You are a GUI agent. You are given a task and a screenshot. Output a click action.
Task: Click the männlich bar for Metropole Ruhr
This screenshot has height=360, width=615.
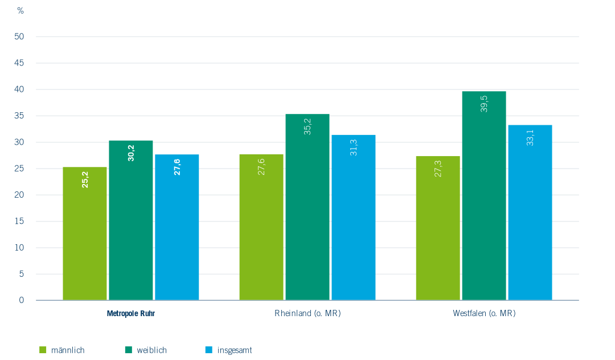pyautogui.click(x=85, y=234)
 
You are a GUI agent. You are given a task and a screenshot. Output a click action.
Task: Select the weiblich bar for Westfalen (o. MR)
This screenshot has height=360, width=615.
pyautogui.click(x=484, y=195)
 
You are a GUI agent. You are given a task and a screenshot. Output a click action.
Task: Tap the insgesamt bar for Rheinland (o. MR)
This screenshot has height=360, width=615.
pyautogui.click(x=353, y=218)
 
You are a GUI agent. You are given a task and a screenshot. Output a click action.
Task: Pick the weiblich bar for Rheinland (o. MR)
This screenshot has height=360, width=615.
pyautogui.click(x=307, y=207)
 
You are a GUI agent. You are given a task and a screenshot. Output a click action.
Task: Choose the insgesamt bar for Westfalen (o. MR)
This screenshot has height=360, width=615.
pyautogui.click(x=530, y=212)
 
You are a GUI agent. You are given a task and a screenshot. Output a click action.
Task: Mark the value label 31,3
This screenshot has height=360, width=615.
pyautogui.click(x=354, y=147)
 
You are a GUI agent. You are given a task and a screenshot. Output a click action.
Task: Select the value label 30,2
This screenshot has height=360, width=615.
pyautogui.click(x=131, y=153)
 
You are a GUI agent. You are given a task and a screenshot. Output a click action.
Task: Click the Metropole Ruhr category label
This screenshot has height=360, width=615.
pyautogui.click(x=131, y=313)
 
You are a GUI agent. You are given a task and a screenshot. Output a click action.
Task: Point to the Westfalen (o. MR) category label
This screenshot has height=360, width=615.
pyautogui.click(x=484, y=313)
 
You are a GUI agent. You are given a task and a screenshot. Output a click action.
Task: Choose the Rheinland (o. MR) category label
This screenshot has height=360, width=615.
pyautogui.click(x=307, y=313)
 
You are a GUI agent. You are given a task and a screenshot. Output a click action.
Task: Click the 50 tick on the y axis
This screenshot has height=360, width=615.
pyautogui.click(x=20, y=36)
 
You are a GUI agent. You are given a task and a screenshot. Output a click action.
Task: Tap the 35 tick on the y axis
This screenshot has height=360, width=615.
pyautogui.click(x=20, y=116)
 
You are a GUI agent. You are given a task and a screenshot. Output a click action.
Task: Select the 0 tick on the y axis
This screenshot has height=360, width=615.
pyautogui.click(x=22, y=300)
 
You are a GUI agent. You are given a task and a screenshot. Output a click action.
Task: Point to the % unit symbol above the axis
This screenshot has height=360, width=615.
pyautogui.click(x=20, y=11)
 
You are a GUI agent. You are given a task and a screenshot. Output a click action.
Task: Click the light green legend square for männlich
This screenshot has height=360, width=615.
pyautogui.click(x=42, y=350)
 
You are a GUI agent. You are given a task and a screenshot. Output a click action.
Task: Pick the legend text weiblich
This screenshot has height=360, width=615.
pyautogui.click(x=152, y=350)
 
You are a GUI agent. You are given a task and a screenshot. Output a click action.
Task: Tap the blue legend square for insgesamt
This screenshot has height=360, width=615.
pyautogui.click(x=208, y=350)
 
